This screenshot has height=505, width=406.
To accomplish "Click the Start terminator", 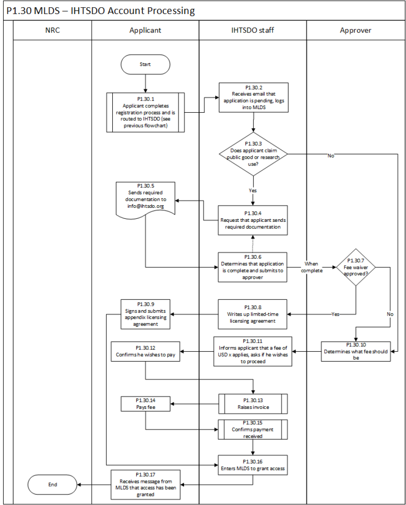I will coord(145,64).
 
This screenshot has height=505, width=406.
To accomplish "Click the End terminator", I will coord(52,484).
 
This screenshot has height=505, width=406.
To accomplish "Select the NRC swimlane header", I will coord(52,31).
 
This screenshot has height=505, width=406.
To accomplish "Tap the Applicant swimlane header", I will coord(145,31).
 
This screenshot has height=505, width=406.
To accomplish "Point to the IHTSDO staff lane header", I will coord(253,31).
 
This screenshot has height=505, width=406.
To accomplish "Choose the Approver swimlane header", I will coord(355,31).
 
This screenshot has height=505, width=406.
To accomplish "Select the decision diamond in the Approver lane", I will coord(356,267).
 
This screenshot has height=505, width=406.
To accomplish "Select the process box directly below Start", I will coord(145,113).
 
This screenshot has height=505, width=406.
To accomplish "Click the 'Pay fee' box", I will coord(145,404).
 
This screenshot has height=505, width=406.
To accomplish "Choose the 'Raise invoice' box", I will coord(253,404).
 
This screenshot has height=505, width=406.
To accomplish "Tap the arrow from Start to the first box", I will coord(145,84).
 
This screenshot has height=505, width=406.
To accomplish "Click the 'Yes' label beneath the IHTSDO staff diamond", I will coord(253,191).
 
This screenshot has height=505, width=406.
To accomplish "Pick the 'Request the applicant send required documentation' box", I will coord(253,220).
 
